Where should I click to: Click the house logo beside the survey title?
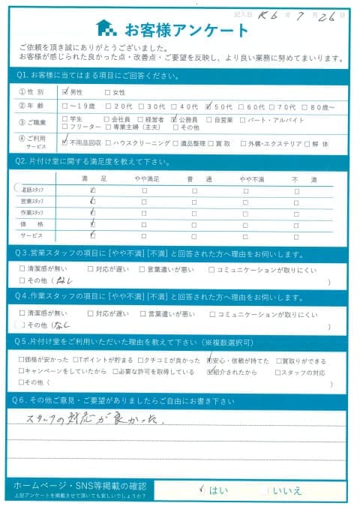coord(108,30)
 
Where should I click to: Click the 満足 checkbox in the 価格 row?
coord(91,223)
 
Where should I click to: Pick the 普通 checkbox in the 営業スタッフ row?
coord(193,202)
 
